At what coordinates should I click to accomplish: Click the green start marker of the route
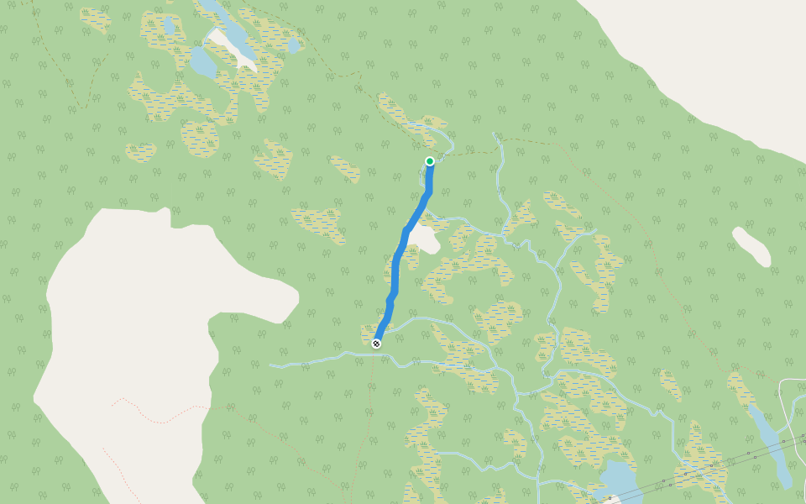pos(430,161)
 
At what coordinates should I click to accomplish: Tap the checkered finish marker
pos(376,343)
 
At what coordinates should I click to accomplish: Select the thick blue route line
pos(396,269)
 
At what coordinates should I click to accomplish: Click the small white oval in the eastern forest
pos(751,246)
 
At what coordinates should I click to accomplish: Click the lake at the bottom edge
pos(619,481)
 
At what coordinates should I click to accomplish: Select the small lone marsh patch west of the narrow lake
pos(670,385)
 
